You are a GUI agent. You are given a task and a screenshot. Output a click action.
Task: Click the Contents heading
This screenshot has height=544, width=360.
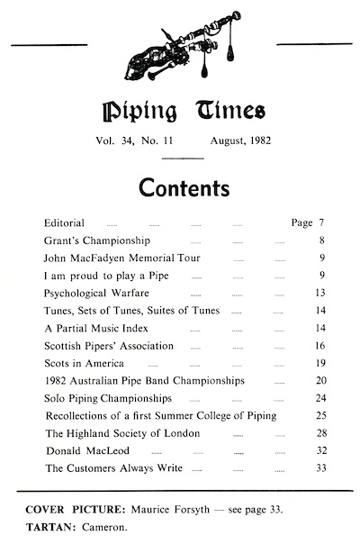(179, 188)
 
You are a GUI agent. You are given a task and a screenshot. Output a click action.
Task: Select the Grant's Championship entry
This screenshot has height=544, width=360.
(97, 242)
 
